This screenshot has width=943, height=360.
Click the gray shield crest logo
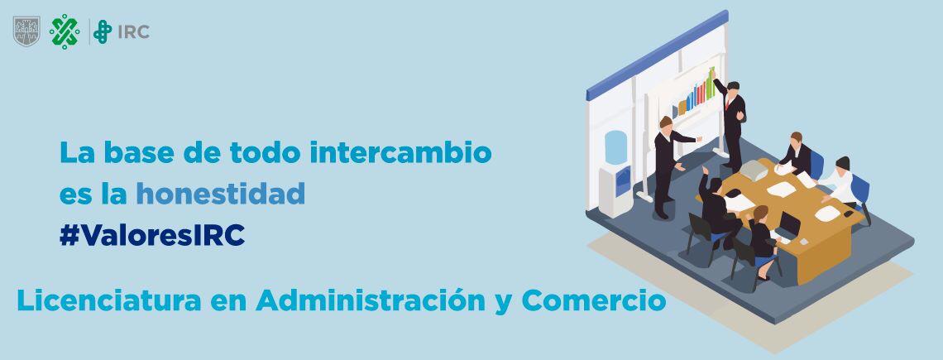(26, 31)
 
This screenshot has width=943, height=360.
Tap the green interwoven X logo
(65, 31)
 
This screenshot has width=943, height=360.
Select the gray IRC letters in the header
(133, 32)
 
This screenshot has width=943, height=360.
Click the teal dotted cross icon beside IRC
(103, 32)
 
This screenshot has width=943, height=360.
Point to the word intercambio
(400, 152)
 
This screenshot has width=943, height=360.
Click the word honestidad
(221, 194)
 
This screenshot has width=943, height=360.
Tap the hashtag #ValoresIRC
(152, 236)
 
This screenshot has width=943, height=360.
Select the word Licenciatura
(109, 300)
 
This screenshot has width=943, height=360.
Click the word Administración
(371, 300)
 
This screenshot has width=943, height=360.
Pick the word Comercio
(593, 300)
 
